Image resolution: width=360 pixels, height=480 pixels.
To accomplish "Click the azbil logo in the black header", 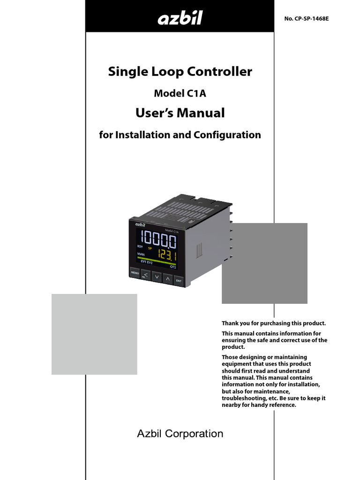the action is point(180,19).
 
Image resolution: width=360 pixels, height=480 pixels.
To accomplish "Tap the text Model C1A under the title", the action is point(180,93).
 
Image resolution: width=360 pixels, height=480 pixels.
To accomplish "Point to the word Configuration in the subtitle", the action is point(227,135).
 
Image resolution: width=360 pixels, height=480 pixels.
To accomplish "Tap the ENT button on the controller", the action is point(179,281).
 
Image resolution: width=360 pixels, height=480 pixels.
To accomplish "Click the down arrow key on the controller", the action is point(157,277).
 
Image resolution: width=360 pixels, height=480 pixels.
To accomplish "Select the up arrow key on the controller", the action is point(167,278).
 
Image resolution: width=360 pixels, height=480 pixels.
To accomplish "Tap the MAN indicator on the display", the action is point(141,254).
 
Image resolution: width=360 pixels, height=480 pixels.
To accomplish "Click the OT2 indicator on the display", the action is point(173,267).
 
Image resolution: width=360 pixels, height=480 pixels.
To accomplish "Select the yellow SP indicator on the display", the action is point(150,247).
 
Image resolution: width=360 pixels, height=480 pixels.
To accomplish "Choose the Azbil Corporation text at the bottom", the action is point(180,434).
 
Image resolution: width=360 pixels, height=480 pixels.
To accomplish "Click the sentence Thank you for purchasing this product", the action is point(273,323).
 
